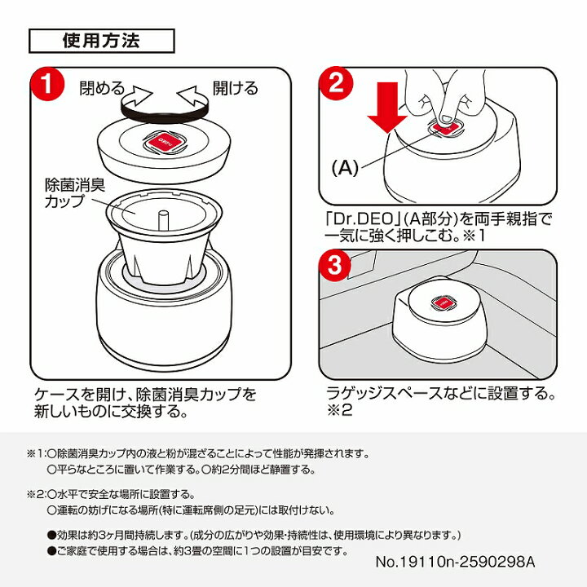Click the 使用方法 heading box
[x=101, y=39]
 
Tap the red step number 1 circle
[x=47, y=83]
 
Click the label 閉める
[x=102, y=87]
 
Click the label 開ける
[x=235, y=87]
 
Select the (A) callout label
[x=344, y=169]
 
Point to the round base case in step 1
[x=163, y=314]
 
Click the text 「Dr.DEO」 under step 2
[x=352, y=218]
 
